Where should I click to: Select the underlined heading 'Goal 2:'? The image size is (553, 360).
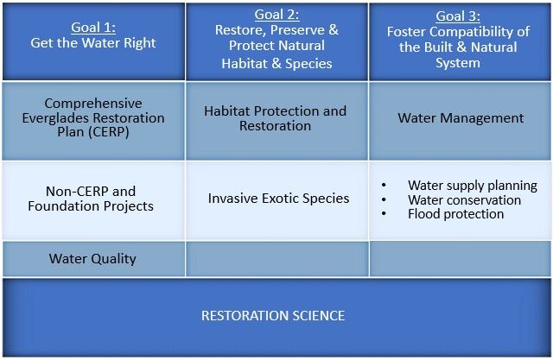point(276,15)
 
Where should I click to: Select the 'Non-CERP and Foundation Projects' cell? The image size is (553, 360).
point(91,199)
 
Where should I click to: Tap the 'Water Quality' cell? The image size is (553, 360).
point(92,258)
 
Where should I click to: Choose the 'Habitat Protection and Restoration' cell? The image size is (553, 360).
point(276,118)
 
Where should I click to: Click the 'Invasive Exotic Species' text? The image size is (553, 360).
point(278,199)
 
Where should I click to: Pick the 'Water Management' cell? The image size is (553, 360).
point(461,118)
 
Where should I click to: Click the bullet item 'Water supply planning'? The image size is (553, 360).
point(472,186)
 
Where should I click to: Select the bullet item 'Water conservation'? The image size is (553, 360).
point(464,199)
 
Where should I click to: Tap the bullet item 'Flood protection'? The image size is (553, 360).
point(455,213)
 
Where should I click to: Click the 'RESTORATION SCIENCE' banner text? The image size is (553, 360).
point(273,316)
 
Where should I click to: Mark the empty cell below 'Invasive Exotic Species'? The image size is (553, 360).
point(276,259)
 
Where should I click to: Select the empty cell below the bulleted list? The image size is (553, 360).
point(461,259)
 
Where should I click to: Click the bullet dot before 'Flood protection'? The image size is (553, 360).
point(383,213)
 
